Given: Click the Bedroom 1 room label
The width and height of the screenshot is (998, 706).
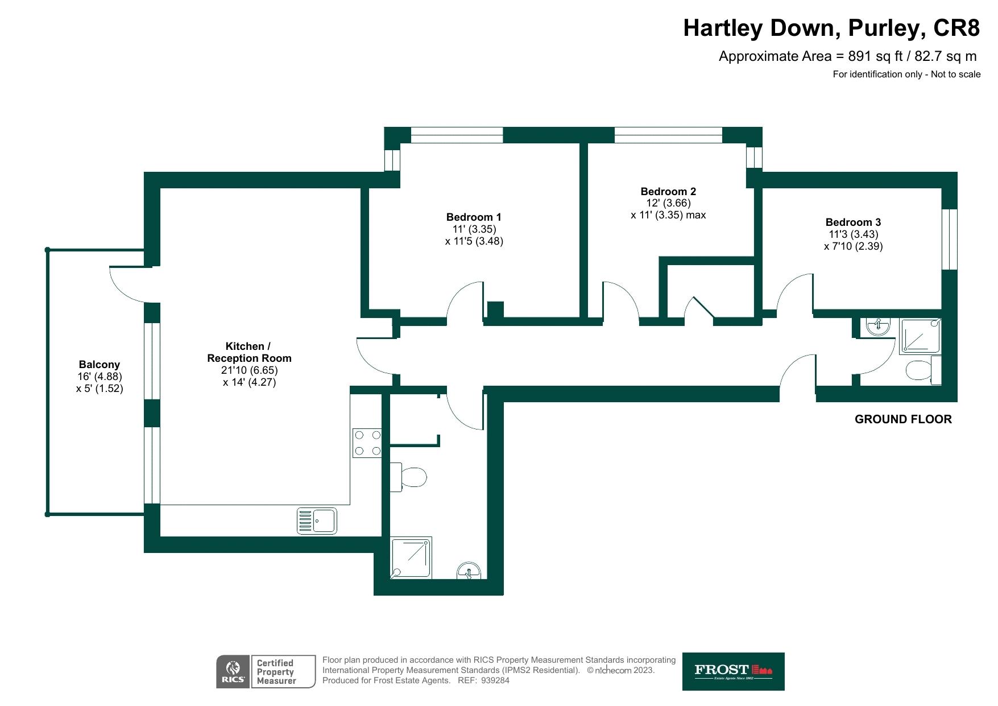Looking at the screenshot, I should tap(474, 217).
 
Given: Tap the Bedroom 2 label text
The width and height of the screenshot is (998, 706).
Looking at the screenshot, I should tap(668, 191).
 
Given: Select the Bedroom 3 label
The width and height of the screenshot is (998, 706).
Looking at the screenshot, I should tap(853, 222).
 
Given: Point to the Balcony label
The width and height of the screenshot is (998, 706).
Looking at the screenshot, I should tap(100, 364).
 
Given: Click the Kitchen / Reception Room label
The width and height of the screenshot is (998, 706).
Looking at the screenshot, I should tap(249, 352).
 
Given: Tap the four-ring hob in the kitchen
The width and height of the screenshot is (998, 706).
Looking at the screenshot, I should tap(367, 443).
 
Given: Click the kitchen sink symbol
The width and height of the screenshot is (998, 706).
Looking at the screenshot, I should tap(317, 521).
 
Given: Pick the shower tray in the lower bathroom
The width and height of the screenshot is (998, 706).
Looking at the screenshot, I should tap(411, 558).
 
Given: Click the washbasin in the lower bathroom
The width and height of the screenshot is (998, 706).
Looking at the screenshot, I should tap(469, 571).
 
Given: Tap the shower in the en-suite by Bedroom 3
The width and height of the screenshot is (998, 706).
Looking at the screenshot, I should tap(920, 336).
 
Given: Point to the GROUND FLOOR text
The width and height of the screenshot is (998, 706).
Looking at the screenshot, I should tap(903, 419).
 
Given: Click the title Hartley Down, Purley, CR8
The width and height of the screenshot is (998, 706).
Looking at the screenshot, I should tap(831, 27).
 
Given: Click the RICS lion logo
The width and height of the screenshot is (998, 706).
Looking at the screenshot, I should tap(233, 671).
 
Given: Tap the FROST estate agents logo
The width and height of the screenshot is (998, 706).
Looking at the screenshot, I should tap(733, 671).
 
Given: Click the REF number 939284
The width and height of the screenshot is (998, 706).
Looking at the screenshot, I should tap(495, 680).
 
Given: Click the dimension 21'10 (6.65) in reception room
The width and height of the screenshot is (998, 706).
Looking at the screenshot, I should tap(250, 370).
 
